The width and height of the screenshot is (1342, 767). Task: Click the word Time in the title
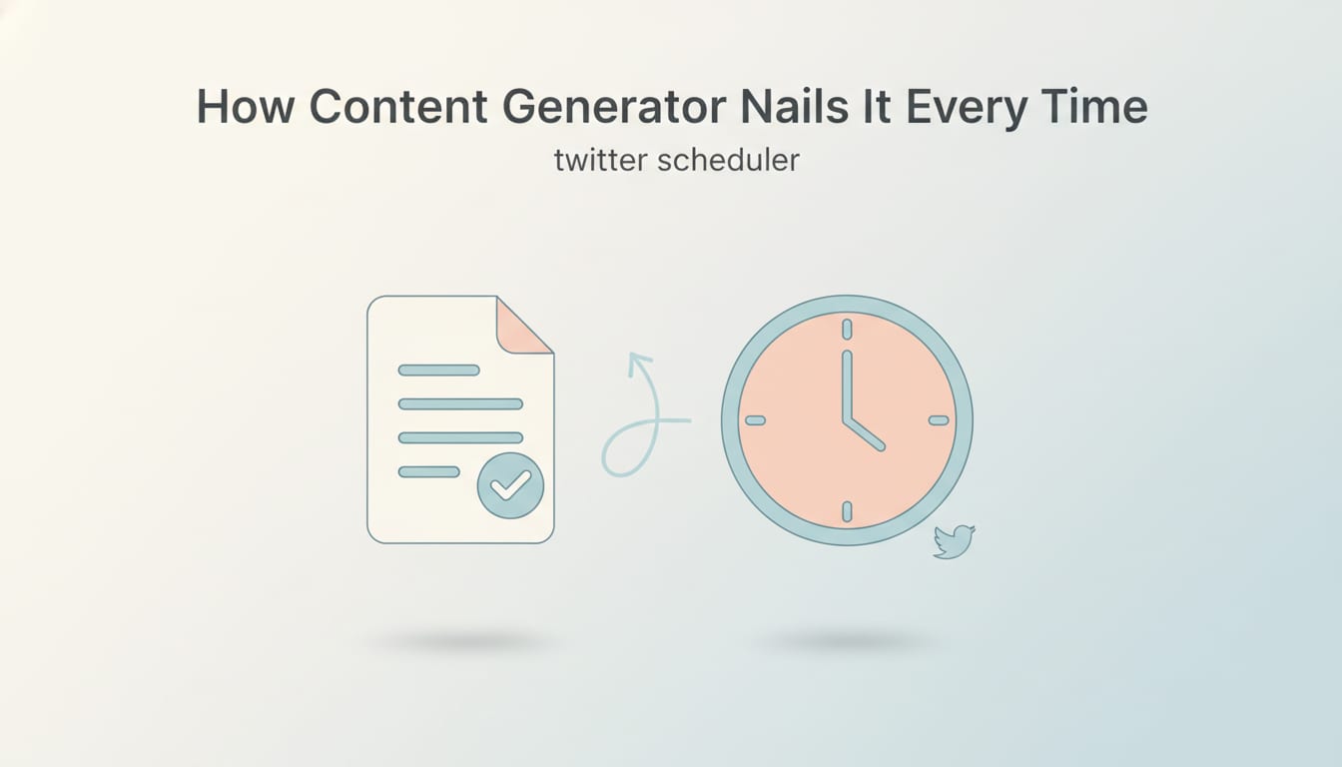pyautogui.click(x=1097, y=107)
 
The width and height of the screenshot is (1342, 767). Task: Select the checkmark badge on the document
pyautogui.click(x=510, y=484)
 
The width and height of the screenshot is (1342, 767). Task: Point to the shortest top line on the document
pyautogui.click(x=438, y=370)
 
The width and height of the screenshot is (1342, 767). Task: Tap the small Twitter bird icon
pyautogui.click(x=953, y=541)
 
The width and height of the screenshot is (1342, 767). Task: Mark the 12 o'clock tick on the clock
pyautogui.click(x=847, y=330)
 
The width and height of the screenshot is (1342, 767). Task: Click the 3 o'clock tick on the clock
pyautogui.click(x=939, y=420)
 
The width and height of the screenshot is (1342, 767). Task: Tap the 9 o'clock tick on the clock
pyautogui.click(x=755, y=420)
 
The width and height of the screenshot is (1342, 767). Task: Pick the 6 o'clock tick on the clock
pyautogui.click(x=847, y=511)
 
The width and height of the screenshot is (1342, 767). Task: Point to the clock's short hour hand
pyautogui.click(x=865, y=434)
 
